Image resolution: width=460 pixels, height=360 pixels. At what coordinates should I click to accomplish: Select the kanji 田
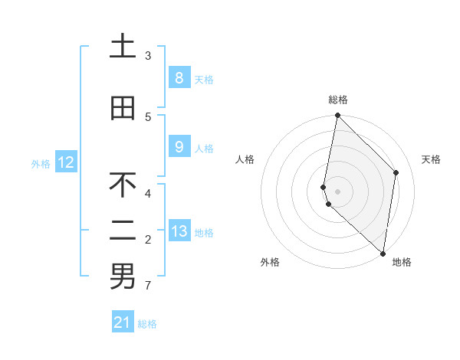click(x=123, y=108)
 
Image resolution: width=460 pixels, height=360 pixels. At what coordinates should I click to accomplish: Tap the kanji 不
click(x=123, y=185)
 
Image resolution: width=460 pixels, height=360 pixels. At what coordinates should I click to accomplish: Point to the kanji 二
click(x=123, y=231)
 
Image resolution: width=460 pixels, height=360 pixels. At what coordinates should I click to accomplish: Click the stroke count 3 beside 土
click(x=148, y=55)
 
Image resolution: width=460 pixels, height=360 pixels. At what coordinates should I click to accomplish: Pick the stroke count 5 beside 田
click(x=148, y=116)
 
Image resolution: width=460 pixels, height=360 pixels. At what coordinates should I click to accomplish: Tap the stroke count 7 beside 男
click(x=148, y=286)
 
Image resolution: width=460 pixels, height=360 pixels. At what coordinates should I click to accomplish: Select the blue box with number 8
click(x=179, y=77)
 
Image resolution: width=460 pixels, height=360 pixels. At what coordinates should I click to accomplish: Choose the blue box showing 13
click(x=179, y=231)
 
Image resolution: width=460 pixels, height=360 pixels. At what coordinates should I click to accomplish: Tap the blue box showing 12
click(x=66, y=162)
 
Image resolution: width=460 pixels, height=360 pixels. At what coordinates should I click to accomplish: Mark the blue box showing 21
click(x=123, y=322)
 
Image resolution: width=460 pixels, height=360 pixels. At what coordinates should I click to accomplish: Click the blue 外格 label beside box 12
click(x=41, y=163)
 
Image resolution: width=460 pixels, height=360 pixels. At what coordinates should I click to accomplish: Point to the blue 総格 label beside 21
click(x=147, y=324)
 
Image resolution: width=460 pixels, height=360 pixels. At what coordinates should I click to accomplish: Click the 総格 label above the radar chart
click(x=338, y=100)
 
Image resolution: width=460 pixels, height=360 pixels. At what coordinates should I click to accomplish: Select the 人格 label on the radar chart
click(x=245, y=159)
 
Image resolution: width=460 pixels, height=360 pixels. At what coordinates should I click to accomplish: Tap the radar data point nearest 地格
click(x=383, y=254)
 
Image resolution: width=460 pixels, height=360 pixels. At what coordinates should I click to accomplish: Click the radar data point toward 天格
click(x=396, y=172)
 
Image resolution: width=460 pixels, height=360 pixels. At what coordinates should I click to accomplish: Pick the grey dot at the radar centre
click(x=338, y=191)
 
